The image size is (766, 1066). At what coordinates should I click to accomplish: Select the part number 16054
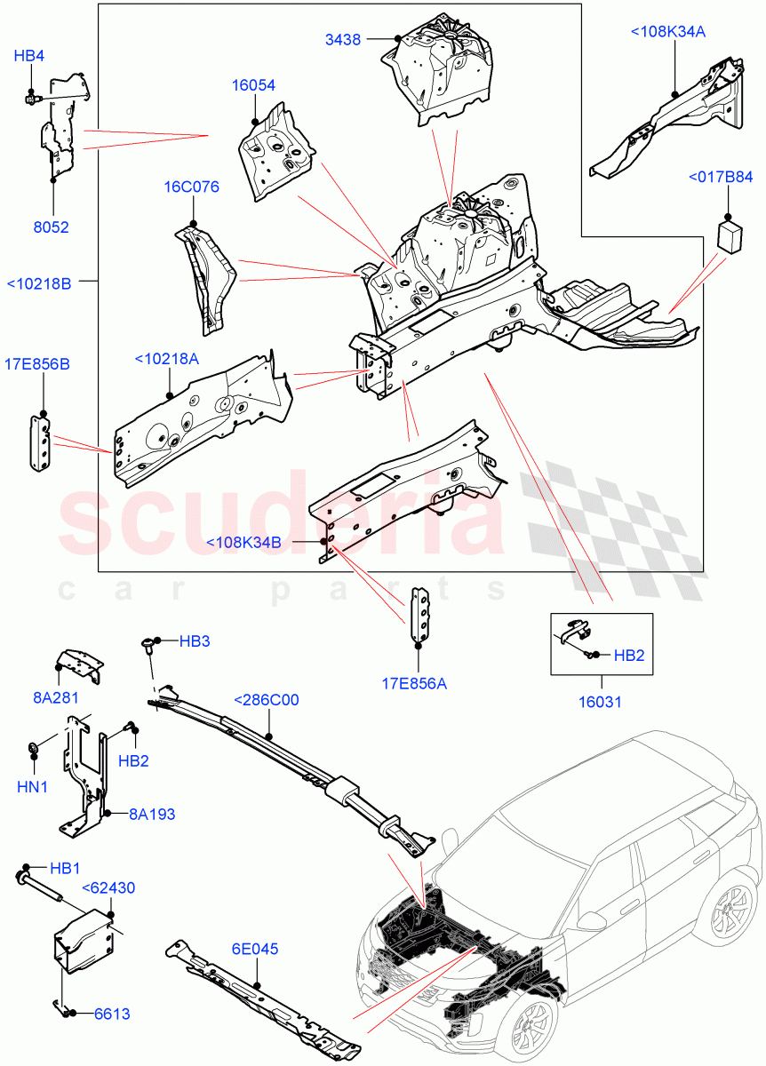[x=253, y=86]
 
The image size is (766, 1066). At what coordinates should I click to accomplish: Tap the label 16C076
[x=191, y=187]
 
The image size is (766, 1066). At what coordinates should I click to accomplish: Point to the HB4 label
[x=28, y=56]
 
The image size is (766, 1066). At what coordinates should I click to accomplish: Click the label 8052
[x=52, y=227]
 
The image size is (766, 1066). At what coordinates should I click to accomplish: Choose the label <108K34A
[x=667, y=32]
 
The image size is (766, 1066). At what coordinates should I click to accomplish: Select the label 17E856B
[x=37, y=363]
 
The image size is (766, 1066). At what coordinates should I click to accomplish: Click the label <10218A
[x=167, y=358]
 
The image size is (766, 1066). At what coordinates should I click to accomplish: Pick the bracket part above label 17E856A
[x=419, y=613]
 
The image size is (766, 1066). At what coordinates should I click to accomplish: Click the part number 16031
[x=601, y=702]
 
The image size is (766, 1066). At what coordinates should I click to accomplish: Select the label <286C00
[x=266, y=700]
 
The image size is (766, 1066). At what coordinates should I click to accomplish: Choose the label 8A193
[x=150, y=812]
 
